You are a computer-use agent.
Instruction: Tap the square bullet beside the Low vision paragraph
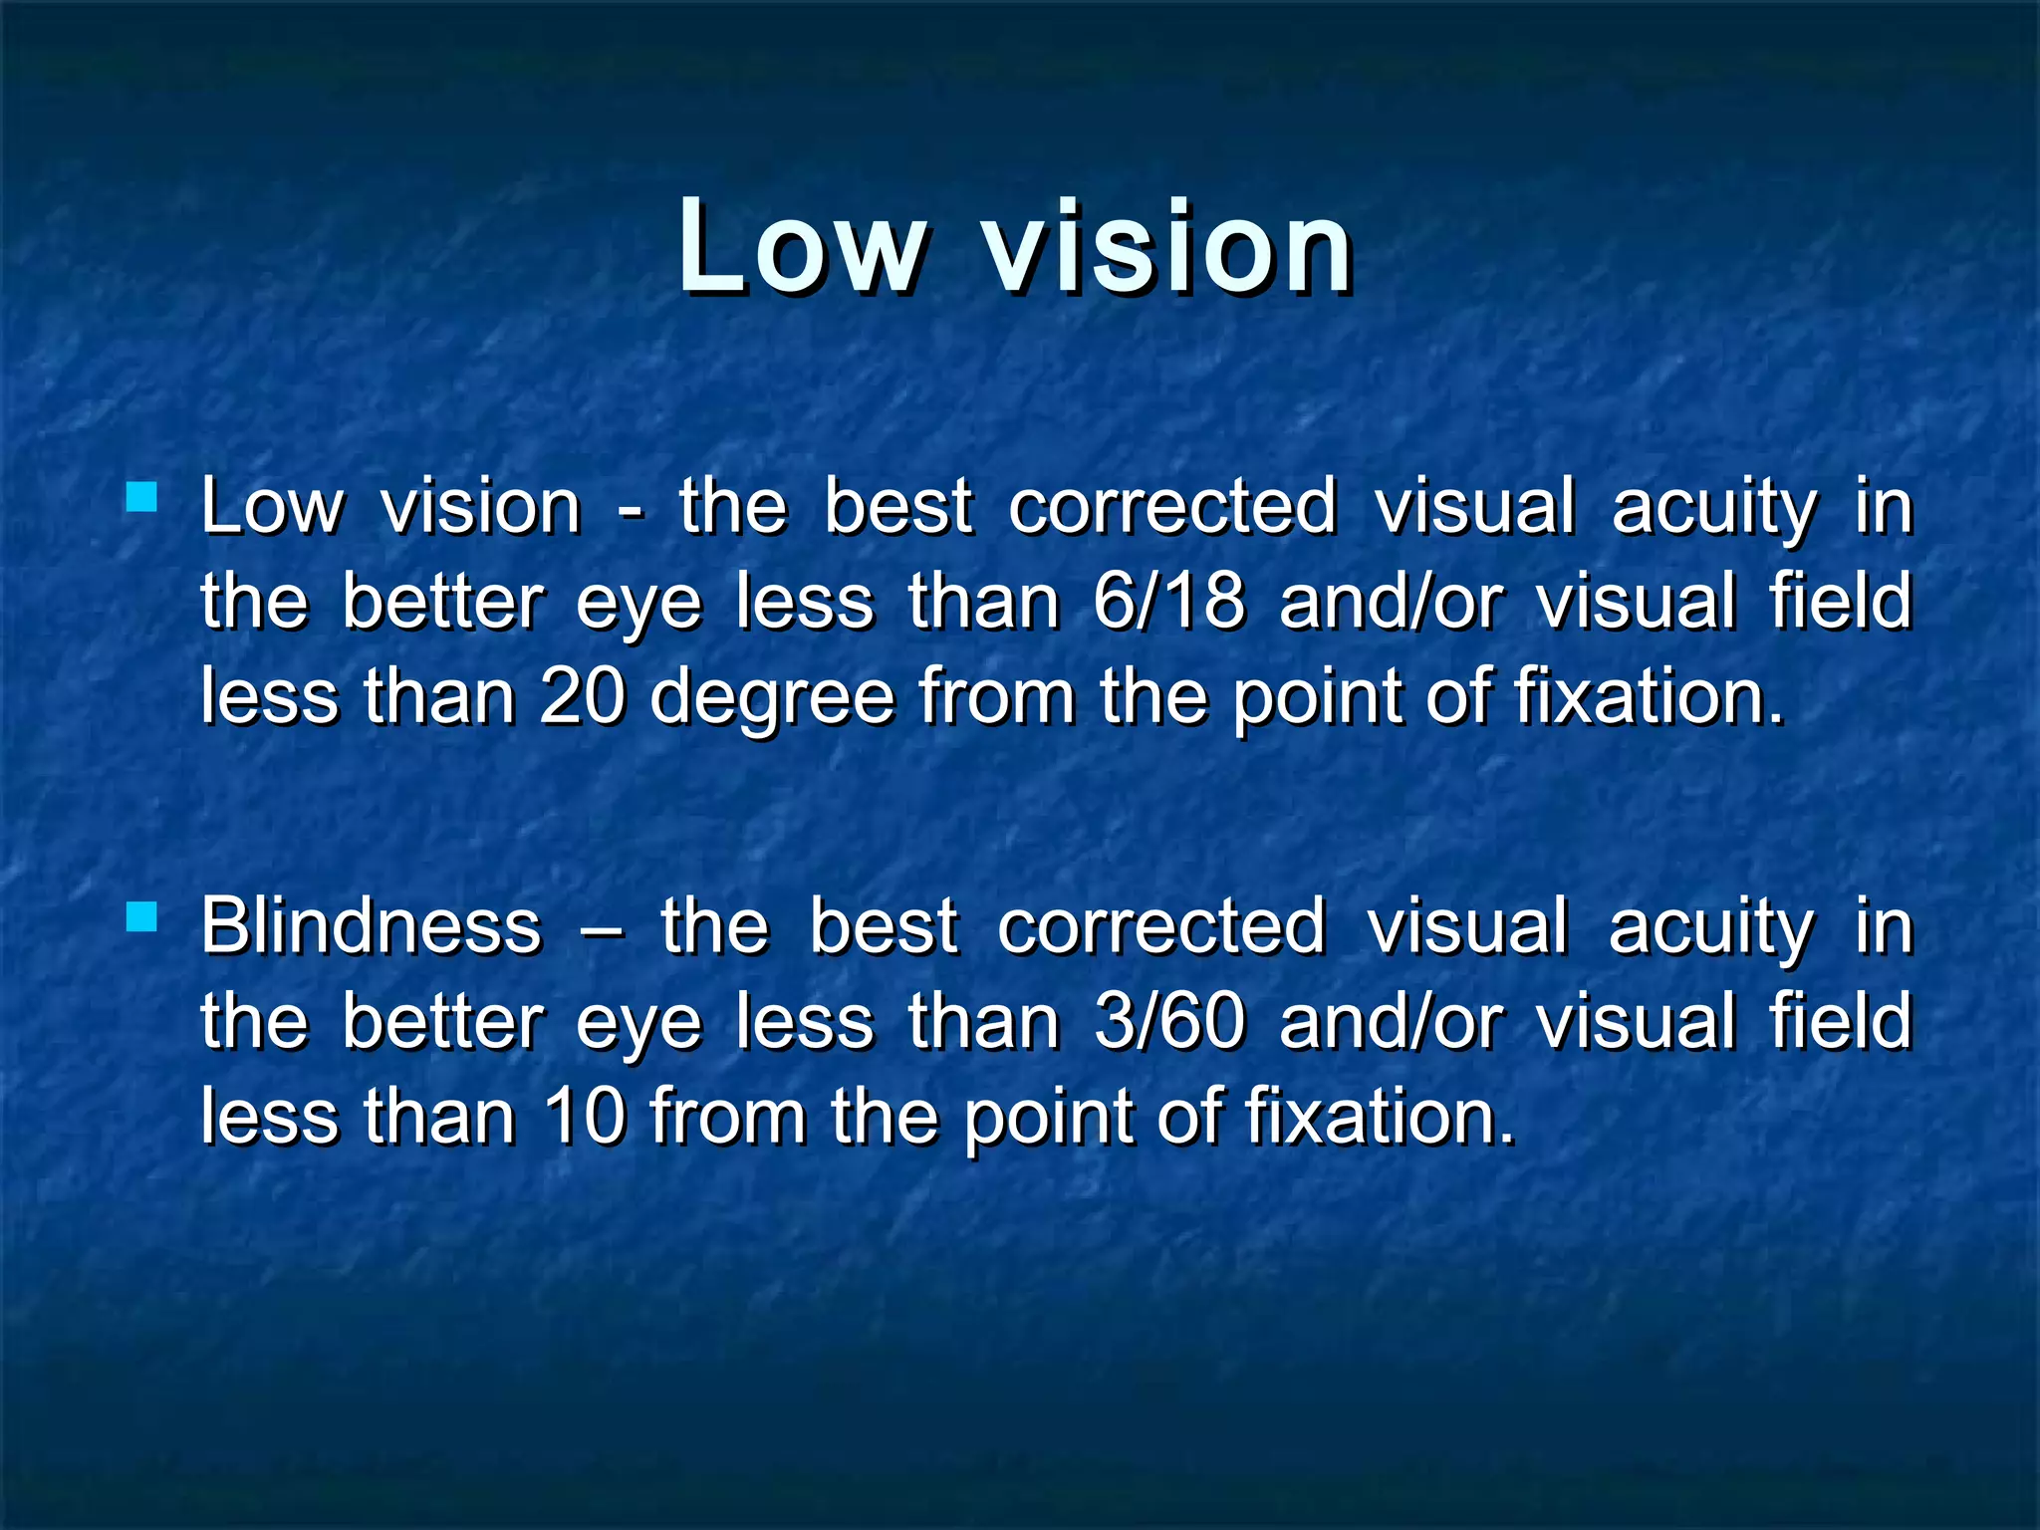142,496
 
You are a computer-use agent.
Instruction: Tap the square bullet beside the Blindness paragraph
142,916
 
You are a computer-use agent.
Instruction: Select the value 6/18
1168,602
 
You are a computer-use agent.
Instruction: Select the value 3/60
1168,1022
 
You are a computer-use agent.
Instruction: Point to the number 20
582,696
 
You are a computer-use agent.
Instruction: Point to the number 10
582,1117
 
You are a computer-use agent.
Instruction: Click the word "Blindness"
372,926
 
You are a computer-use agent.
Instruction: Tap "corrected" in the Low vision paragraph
1171,506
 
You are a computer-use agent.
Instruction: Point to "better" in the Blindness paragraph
442,1022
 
